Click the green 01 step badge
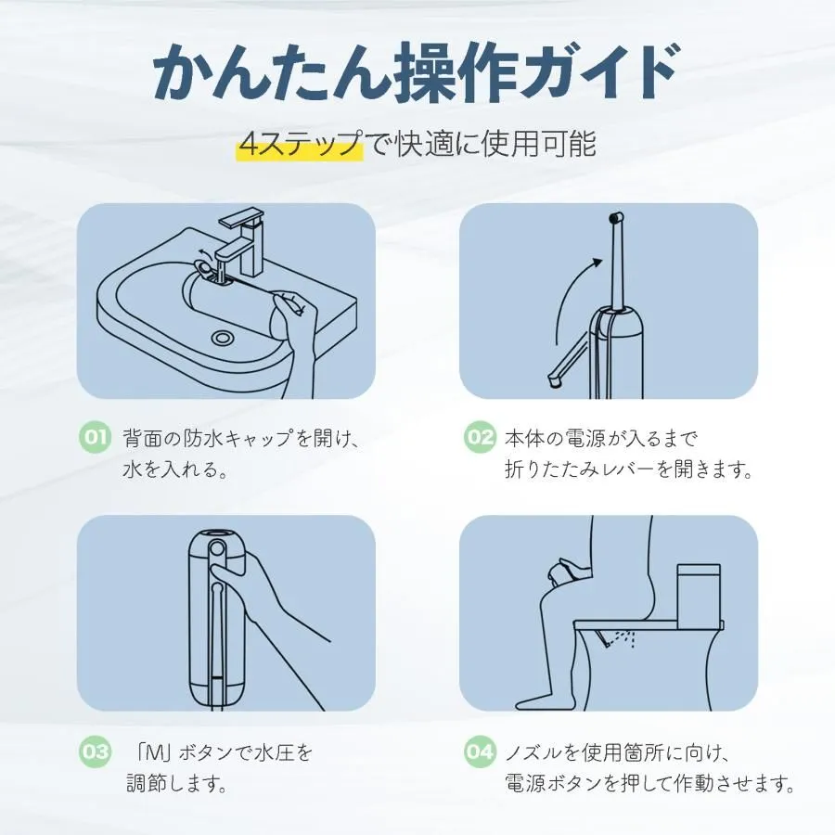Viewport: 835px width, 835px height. click(x=96, y=438)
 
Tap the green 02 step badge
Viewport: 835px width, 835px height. click(x=480, y=438)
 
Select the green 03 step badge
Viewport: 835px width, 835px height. click(x=96, y=751)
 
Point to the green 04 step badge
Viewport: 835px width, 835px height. click(x=480, y=751)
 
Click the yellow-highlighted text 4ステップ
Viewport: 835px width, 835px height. click(x=300, y=144)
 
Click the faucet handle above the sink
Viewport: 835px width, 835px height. click(x=242, y=218)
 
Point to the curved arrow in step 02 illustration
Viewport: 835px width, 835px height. click(x=567, y=298)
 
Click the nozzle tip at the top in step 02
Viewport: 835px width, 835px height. click(x=616, y=217)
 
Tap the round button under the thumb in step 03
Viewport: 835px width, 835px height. click(x=217, y=548)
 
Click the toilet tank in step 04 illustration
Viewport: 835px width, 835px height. click(x=699, y=592)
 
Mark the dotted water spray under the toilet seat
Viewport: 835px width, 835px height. click(x=624, y=638)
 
